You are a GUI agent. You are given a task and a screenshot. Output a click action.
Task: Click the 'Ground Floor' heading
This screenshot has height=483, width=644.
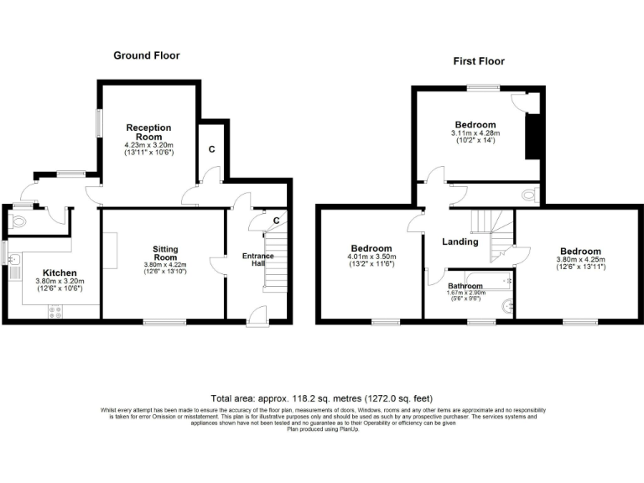(147, 55)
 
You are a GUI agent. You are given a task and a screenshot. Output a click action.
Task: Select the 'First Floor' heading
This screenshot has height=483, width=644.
(479, 61)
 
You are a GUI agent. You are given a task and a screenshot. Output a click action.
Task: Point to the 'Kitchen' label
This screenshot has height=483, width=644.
(60, 273)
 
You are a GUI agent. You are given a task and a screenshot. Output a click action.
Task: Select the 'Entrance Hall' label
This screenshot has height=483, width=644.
(258, 260)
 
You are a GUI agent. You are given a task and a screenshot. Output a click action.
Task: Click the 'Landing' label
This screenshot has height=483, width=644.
(460, 241)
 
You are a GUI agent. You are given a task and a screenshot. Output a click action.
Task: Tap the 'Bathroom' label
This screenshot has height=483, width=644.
(465, 285)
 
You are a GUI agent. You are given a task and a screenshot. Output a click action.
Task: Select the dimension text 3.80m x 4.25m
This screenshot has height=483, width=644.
(579, 260)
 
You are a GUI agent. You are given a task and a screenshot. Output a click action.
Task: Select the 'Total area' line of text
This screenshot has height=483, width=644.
(321, 397)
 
